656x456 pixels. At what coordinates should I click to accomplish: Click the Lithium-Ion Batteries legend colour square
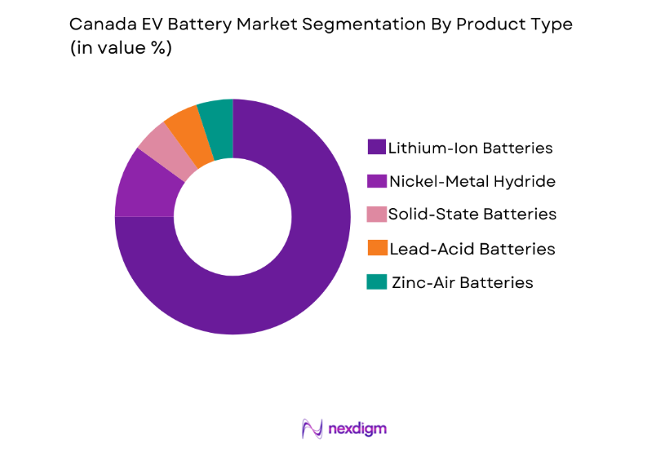(376, 148)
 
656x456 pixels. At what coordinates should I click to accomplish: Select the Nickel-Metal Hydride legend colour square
(376, 181)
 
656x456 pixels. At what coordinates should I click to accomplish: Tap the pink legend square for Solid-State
(376, 215)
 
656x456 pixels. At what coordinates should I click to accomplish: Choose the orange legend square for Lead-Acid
(376, 248)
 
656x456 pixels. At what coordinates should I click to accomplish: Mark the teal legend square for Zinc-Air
(376, 281)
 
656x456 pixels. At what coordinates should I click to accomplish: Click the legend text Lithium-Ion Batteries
(471, 148)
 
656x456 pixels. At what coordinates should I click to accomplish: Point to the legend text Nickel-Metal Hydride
(472, 181)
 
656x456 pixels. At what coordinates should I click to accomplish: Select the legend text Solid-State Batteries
(472, 215)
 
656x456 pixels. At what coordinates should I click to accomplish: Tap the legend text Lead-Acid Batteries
(472, 249)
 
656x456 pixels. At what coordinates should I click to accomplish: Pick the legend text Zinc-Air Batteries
(463, 282)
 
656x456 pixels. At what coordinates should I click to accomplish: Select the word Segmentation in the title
(369, 24)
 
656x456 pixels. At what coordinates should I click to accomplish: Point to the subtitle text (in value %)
(122, 47)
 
